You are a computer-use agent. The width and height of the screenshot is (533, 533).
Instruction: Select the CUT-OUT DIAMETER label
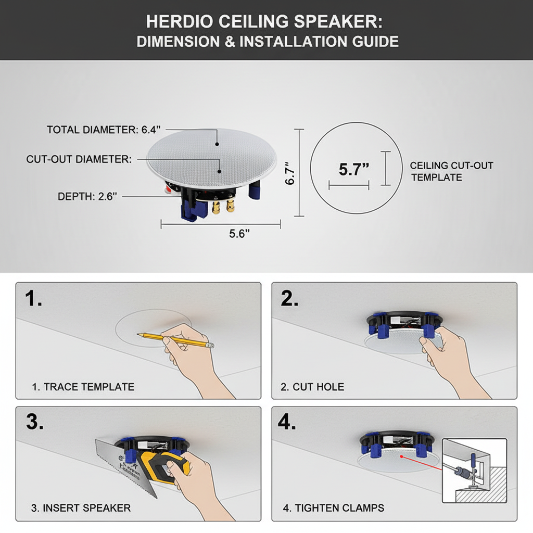click(79, 159)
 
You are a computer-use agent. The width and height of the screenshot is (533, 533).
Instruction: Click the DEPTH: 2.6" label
click(87, 197)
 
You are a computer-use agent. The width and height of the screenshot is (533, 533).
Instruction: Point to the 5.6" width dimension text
click(239, 234)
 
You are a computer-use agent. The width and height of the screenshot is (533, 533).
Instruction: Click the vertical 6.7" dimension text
click(290, 173)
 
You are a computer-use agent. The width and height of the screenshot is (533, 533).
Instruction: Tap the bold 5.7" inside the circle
click(353, 169)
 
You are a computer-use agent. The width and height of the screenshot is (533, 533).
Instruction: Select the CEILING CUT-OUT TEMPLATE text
click(451, 171)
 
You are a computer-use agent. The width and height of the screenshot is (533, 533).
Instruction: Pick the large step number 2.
click(290, 299)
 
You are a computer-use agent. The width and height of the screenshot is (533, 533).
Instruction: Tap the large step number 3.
click(34, 422)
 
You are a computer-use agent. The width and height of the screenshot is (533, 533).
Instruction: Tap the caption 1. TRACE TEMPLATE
click(83, 387)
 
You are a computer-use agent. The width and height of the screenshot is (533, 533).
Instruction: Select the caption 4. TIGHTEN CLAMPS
click(333, 507)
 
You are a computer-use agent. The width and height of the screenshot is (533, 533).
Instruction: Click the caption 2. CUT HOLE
click(312, 387)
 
